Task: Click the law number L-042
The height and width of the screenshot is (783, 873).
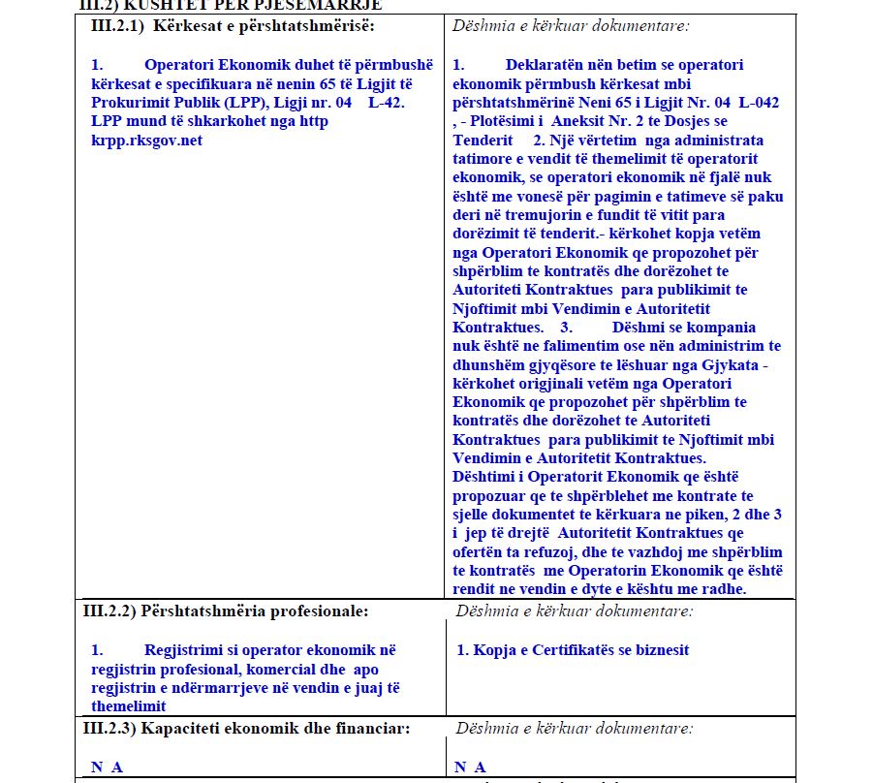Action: (x=759, y=103)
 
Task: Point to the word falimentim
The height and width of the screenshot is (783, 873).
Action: (x=577, y=346)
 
